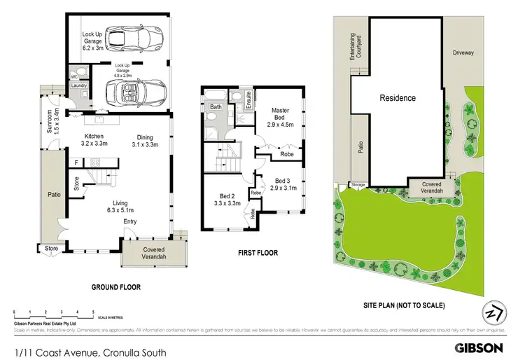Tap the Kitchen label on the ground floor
pos(94,141)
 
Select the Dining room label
pos(146,141)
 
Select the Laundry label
pos(78,85)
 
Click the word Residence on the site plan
pos(398,98)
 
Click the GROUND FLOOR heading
pos(116,287)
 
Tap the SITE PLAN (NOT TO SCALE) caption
pos(404,306)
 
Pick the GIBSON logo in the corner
pos(479,347)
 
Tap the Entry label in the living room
pos(130,222)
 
